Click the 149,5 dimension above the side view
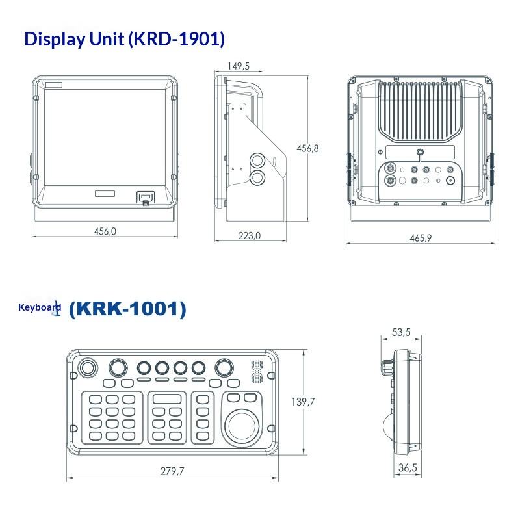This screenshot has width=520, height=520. pos(239,66)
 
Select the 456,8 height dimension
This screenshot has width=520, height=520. pos(307,148)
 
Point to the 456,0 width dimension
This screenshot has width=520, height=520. pos(105,231)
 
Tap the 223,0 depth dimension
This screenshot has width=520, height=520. pos(250,236)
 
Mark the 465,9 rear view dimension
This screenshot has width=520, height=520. pos(421,238)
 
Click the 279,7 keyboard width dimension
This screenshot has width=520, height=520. pos(172,471)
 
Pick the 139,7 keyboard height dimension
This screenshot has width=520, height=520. pos(303,402)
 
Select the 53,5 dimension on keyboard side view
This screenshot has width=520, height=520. pos(401,332)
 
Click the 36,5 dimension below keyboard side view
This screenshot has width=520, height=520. pos(408,467)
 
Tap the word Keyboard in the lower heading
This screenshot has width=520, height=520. pos(40,307)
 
